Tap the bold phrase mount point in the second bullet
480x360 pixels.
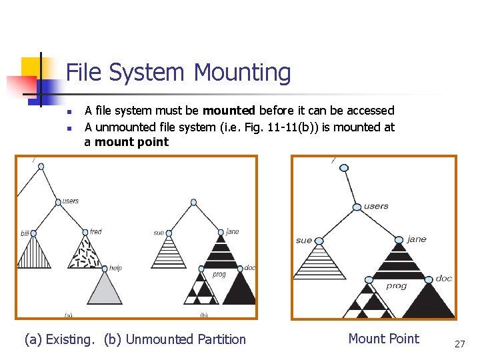[x=132, y=142]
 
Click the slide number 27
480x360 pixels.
[x=459, y=343]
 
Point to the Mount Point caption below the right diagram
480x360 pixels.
[x=383, y=339]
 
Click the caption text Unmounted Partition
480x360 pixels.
[x=185, y=339]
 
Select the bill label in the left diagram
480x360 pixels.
[x=25, y=233]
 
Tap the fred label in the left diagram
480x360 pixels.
[x=96, y=232]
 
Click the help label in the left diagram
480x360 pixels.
[x=116, y=268]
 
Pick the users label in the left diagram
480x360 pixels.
[x=71, y=201]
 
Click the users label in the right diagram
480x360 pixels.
[x=376, y=206]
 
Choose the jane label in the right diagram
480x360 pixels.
[x=416, y=239]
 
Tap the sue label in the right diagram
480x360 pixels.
[x=303, y=240]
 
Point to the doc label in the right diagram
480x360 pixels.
[x=443, y=279]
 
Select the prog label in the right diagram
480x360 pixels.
[x=397, y=286]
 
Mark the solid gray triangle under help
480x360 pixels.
[x=105, y=290]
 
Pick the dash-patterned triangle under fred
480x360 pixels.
[x=85, y=252]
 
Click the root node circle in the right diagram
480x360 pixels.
[x=344, y=168]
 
